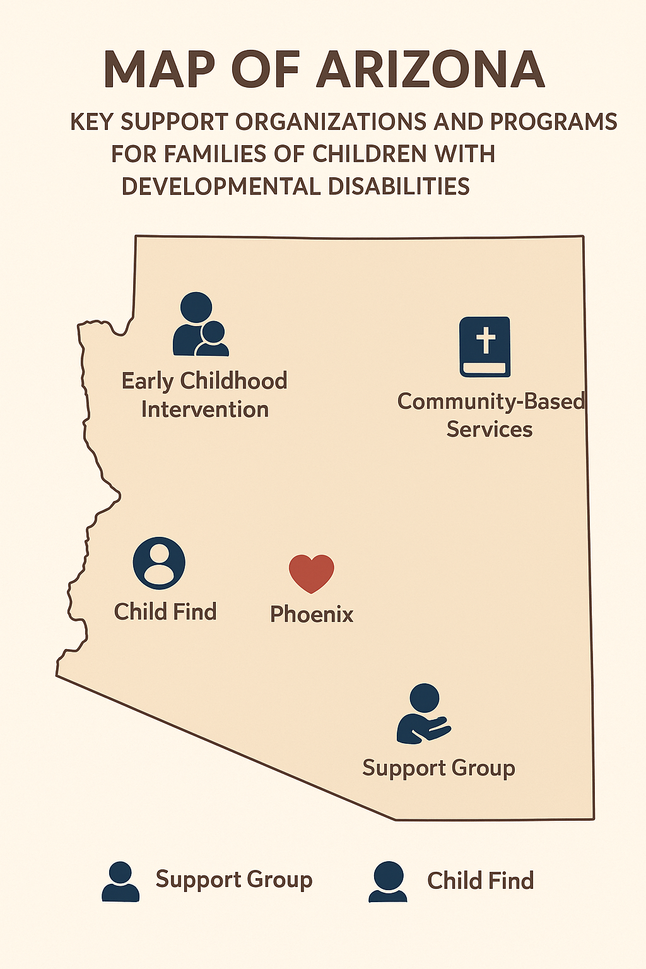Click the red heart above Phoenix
pos(311,572)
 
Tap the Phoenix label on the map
pos(312,614)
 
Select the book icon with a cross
pos(484,347)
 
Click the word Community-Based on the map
pos(491,401)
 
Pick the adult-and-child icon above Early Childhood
pos(200,324)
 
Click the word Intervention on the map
pos(205,409)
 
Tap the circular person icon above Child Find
pos(159,563)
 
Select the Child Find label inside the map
pos(165,612)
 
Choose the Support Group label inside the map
pos(438,768)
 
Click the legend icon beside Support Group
pos(120,881)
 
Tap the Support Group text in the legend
pos(234,879)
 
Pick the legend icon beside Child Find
pos(387,881)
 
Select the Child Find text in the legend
pos(480,881)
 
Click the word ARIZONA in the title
pos(430,69)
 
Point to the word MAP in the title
pos(158,69)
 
